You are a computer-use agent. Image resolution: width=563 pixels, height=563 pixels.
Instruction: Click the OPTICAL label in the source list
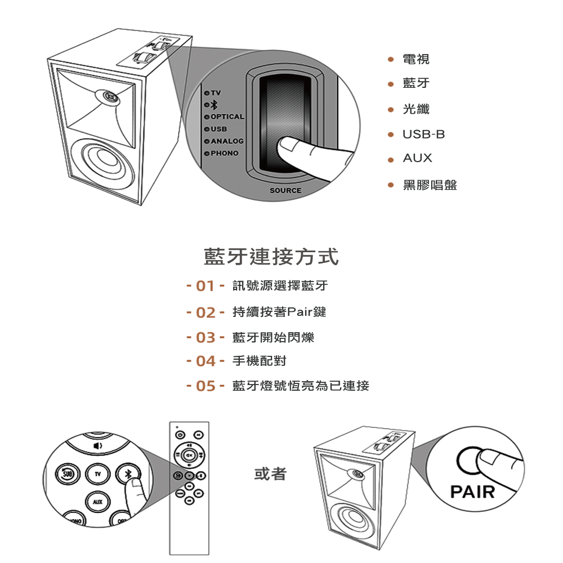pos(227,117)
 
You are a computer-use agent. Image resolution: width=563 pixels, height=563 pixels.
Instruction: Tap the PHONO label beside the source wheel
pos(225,153)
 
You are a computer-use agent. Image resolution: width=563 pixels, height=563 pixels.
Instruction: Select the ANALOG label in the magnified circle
pos(227,141)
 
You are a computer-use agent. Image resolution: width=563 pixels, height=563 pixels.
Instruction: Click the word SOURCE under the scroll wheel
pos(285,190)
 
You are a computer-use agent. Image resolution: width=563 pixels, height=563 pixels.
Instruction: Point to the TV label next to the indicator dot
pos(217,92)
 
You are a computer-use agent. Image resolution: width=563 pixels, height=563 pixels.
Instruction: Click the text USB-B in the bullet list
pos(424,135)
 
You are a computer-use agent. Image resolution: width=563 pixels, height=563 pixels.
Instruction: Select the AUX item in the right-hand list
pos(417,158)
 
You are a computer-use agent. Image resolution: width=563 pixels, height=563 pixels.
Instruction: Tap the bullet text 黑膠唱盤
pos(430,185)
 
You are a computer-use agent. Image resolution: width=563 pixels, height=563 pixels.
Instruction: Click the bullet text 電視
pos(416,59)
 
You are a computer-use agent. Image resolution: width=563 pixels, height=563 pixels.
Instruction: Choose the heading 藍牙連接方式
pos(271,256)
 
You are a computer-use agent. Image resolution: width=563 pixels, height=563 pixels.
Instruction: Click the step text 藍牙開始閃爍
pos(273,337)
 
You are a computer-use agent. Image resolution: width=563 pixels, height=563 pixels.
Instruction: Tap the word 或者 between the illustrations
pos(270,474)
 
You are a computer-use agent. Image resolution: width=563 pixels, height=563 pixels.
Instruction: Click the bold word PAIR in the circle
pos(472,491)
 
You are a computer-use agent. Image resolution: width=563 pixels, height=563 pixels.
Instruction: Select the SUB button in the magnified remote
pos(66,475)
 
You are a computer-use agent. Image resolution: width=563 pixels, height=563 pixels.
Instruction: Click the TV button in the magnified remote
pos(98,475)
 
